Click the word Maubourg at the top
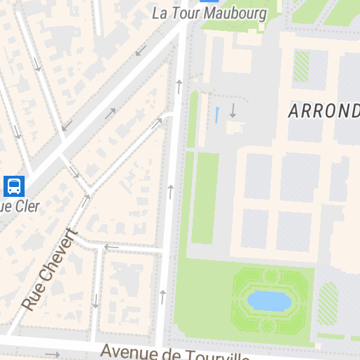coord(232,13)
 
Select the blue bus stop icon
coord(13,186)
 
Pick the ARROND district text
coord(323,111)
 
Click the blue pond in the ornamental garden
coord(269,301)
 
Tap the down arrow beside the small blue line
coord(233,110)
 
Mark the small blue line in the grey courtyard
coord(217,115)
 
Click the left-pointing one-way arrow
coord(111,247)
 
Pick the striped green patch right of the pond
coord(328,303)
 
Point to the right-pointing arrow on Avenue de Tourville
coord(53,354)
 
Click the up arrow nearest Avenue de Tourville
coord(163,297)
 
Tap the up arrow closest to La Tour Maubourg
coord(179,86)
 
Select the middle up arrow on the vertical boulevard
coord(170,191)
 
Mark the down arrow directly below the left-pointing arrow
coord(96,300)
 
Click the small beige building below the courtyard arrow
coord(234,127)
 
